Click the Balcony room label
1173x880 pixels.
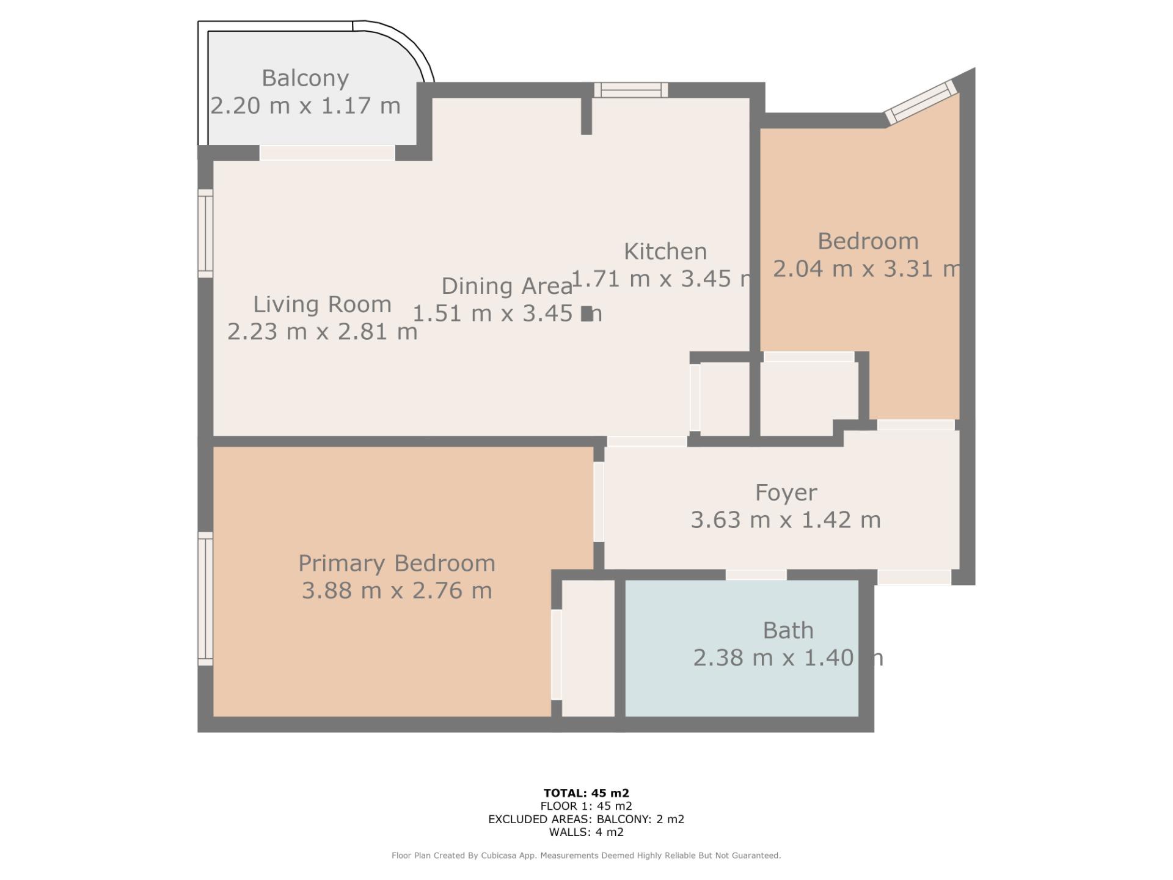click(305, 78)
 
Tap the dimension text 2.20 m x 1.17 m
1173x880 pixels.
click(305, 106)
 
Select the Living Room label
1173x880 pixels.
click(322, 304)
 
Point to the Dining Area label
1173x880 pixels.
click(506, 286)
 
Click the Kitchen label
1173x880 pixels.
click(665, 251)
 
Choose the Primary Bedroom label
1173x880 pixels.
click(396, 563)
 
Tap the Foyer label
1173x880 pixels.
click(786, 493)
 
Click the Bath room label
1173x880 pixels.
click(787, 630)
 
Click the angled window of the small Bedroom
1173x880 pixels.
click(921, 101)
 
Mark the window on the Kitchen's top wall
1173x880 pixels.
click(630, 90)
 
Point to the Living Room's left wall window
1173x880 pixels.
click(205, 233)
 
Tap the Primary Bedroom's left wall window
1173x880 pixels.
click(205, 598)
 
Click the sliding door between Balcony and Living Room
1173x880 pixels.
click(327, 152)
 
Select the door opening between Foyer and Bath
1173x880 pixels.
click(756, 574)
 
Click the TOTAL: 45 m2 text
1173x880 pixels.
click(586, 793)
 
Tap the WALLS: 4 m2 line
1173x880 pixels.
click(586, 832)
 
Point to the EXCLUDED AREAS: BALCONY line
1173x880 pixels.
click(586, 819)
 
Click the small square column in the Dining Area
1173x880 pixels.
click(586, 313)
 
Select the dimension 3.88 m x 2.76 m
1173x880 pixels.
click(396, 591)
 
